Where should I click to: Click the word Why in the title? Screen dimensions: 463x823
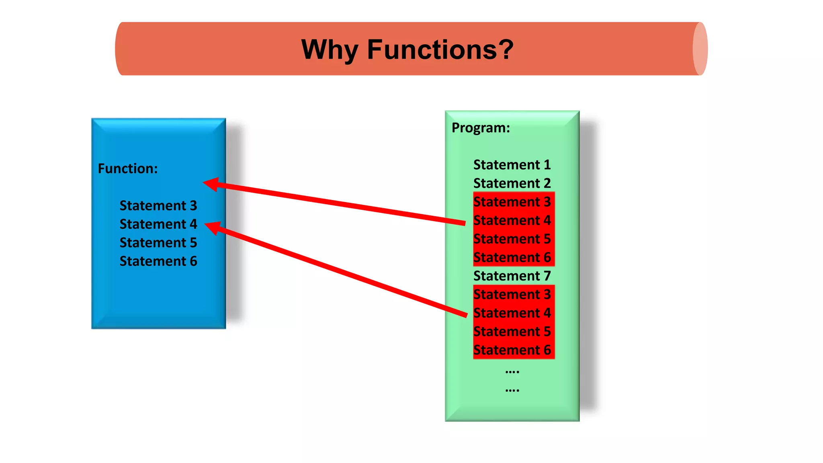329,50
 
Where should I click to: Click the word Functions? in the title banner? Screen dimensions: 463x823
440,50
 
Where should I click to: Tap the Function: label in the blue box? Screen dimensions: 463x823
128,168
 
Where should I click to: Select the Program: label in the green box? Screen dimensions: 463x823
481,128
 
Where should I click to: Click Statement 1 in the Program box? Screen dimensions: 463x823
512,165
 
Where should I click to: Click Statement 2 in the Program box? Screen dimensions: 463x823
512,183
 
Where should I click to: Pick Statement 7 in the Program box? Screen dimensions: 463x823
512,276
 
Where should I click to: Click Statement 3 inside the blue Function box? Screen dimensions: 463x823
158,206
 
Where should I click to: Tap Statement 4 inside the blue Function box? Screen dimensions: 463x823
158,224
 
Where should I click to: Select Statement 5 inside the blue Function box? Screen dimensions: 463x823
158,243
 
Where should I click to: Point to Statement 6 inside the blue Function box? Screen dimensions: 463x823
158,261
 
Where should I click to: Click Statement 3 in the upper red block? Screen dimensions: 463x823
512,202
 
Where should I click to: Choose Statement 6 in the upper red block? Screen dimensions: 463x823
512,258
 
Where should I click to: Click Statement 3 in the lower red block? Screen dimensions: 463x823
512,295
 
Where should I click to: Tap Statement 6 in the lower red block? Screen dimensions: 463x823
512,350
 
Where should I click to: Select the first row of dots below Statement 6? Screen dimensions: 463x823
512,372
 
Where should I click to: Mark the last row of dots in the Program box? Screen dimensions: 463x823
512,390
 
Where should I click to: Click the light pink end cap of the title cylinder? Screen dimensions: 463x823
700,49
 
